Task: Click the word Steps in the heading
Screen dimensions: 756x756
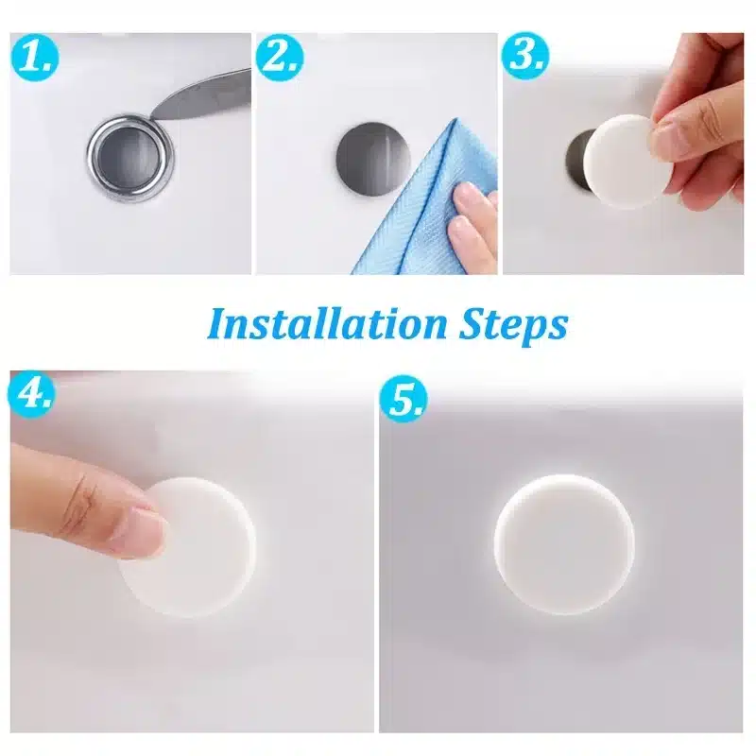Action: (x=511, y=324)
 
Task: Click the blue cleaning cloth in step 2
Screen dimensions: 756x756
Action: (x=416, y=198)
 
